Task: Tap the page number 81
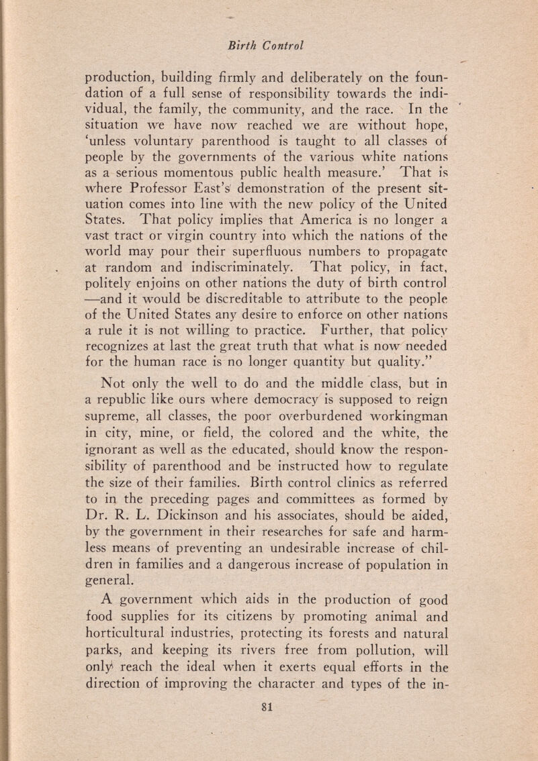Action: coord(271,719)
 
